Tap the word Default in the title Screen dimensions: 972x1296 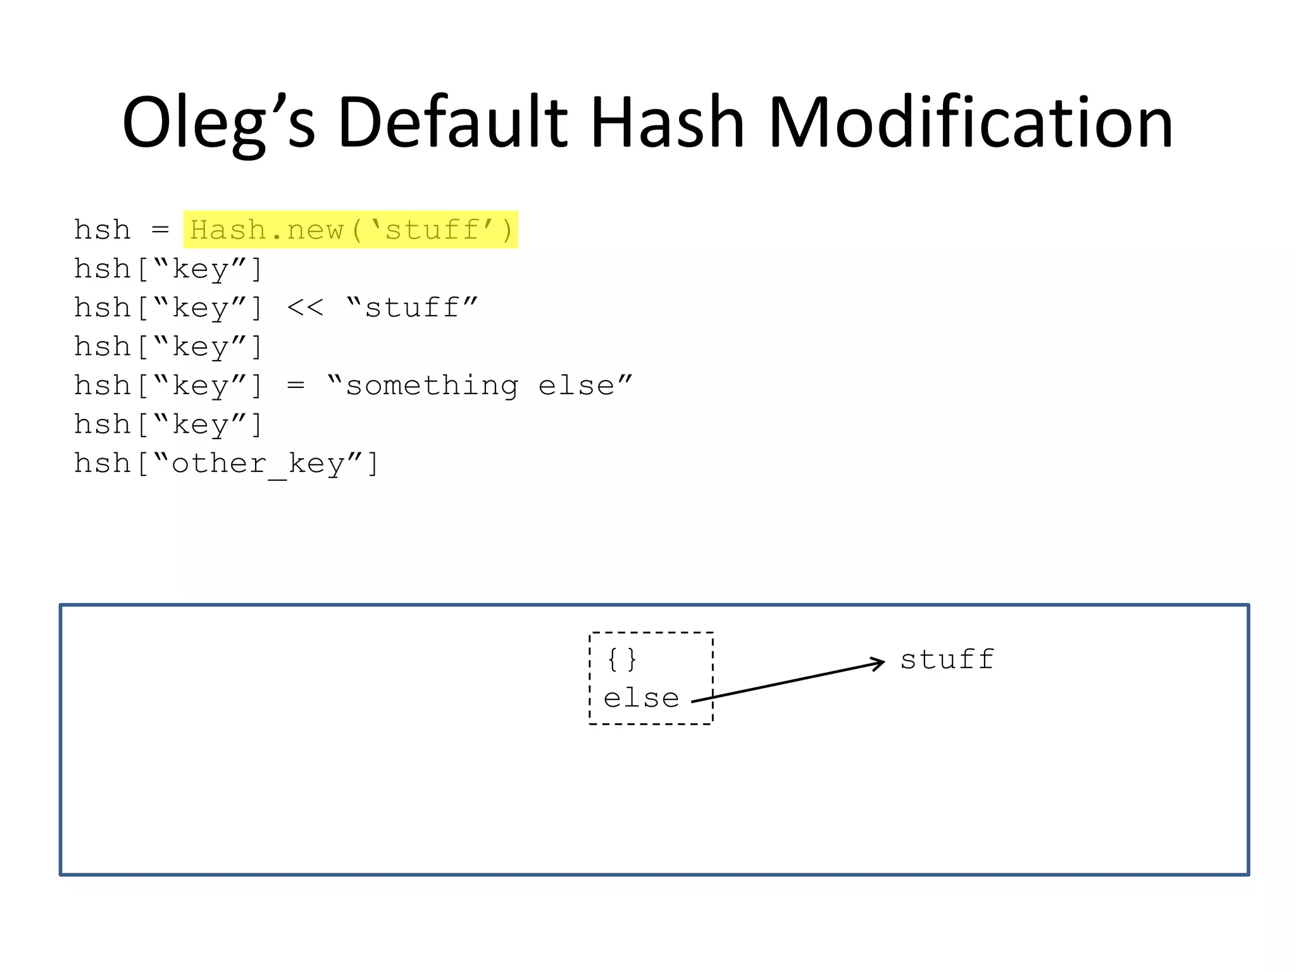452,122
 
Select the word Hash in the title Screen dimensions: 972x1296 667,122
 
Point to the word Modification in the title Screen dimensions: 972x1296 970,122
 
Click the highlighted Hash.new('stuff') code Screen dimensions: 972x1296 351,230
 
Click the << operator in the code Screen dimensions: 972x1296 305,308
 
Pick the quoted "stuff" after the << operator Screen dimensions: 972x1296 412,308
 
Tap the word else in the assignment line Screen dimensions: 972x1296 583,386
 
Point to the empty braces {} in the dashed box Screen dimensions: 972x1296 621,659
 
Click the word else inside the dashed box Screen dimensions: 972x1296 641,699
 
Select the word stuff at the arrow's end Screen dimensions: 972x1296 947,659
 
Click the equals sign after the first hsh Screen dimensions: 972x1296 160,230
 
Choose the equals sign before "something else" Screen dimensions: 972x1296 296,386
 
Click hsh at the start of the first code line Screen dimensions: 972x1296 103,230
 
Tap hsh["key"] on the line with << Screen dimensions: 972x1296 168,308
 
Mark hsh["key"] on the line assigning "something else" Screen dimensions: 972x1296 168,386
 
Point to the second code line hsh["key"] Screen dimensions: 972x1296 168,269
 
